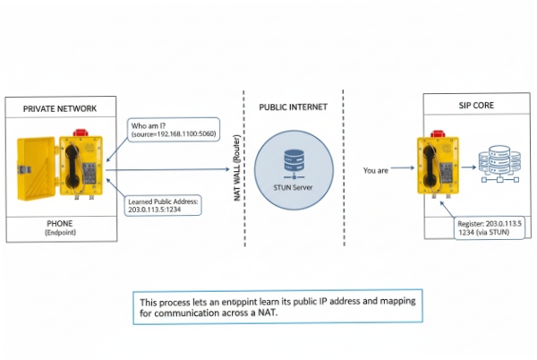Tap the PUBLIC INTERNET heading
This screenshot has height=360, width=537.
click(293, 107)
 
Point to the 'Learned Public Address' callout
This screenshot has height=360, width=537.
click(164, 207)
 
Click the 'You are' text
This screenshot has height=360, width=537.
click(377, 167)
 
